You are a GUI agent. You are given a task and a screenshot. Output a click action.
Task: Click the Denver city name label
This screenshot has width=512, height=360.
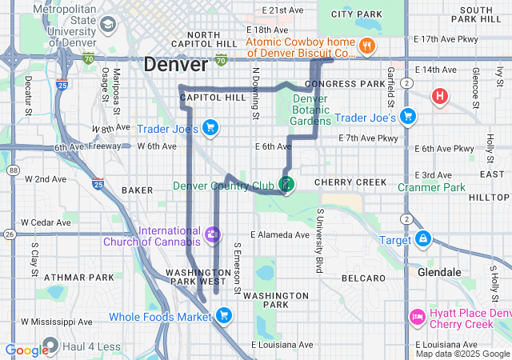pyautogui.click(x=175, y=66)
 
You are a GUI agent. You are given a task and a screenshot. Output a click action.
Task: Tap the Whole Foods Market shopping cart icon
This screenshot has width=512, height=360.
pyautogui.click(x=223, y=315)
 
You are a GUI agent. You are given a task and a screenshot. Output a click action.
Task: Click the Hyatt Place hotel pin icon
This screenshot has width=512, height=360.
pyautogui.click(x=416, y=318)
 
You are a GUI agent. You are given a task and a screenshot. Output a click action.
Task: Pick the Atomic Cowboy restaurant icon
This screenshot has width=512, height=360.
pyautogui.click(x=367, y=45)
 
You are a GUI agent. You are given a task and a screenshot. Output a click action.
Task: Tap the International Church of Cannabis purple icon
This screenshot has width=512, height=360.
pyautogui.click(x=212, y=235)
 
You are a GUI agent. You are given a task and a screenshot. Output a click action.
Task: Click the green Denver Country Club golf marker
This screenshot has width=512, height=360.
pyautogui.click(x=286, y=184)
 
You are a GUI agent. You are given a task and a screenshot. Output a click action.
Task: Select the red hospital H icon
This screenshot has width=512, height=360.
pyautogui.click(x=439, y=98)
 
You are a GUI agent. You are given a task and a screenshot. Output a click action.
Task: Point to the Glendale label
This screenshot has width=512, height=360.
pyautogui.click(x=439, y=272)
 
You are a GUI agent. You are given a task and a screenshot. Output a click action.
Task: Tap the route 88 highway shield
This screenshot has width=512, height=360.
pyautogui.click(x=14, y=170)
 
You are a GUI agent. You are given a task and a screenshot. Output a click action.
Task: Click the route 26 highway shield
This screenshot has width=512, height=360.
pyautogui.click(x=9, y=234)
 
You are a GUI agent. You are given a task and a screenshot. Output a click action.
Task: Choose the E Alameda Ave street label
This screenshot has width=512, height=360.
pyautogui.click(x=279, y=235)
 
